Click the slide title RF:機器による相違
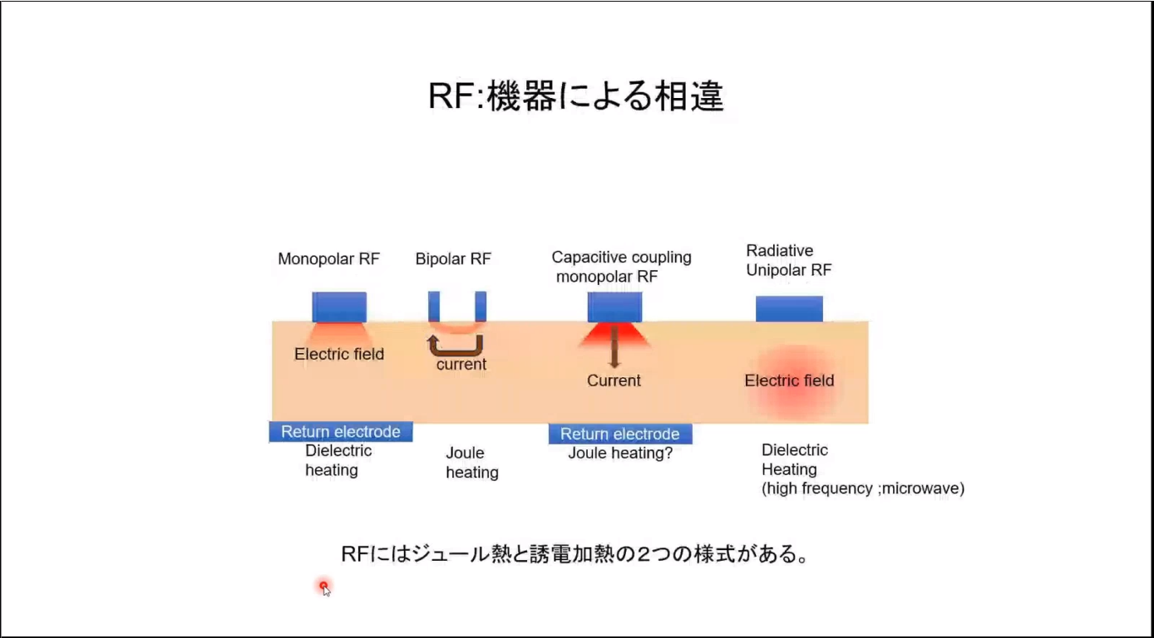click(x=575, y=97)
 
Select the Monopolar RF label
click(x=328, y=259)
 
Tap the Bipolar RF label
click(x=453, y=259)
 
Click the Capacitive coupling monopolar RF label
click(x=621, y=267)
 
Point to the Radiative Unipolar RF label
click(x=787, y=260)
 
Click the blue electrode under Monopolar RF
click(x=339, y=307)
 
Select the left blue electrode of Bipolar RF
click(x=434, y=307)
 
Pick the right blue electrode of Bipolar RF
click(x=481, y=307)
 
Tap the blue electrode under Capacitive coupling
click(x=614, y=307)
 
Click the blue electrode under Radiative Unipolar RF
click(x=789, y=308)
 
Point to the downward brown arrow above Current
click(x=614, y=347)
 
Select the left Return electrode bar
click(x=341, y=432)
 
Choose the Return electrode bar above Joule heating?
click(x=620, y=434)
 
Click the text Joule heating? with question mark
click(x=620, y=454)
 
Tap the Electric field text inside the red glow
click(x=789, y=381)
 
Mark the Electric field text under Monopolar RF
click(x=339, y=355)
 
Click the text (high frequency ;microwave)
click(x=862, y=488)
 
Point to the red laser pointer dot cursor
click(x=323, y=586)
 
